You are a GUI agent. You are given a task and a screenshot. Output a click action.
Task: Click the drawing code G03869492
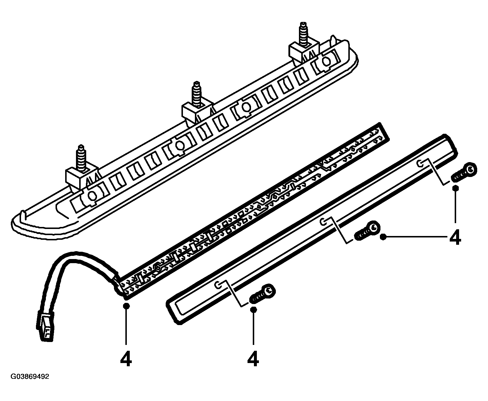(x=30, y=377)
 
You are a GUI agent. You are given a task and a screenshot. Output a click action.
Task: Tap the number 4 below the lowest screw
(x=253, y=359)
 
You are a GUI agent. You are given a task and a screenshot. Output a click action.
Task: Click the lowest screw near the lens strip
(x=263, y=294)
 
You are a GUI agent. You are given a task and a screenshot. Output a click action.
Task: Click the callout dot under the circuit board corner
(x=126, y=306)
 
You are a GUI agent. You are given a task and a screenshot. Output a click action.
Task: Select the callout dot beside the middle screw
(x=384, y=237)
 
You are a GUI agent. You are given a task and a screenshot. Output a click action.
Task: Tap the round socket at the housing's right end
(x=325, y=62)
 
